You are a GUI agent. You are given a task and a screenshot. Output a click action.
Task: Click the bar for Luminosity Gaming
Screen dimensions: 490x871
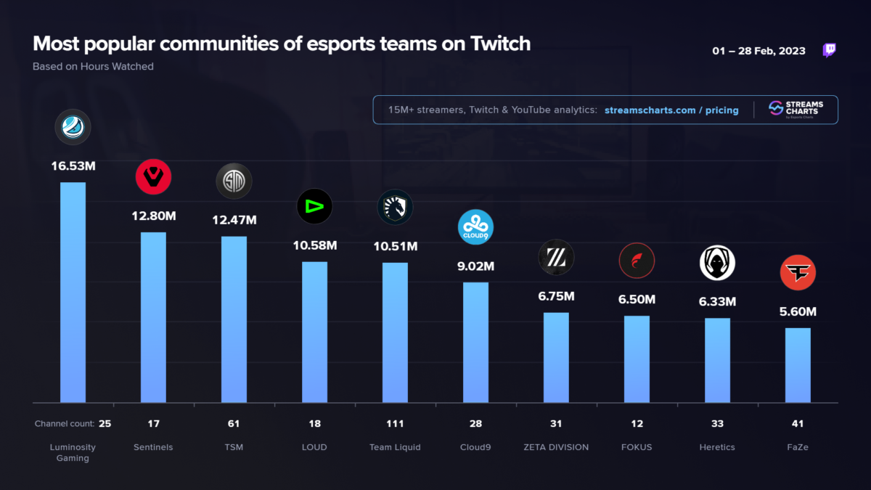(73, 292)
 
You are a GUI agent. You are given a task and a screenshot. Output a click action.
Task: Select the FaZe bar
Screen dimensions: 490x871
(798, 365)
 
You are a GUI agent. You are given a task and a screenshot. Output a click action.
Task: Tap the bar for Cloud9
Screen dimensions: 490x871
(475, 342)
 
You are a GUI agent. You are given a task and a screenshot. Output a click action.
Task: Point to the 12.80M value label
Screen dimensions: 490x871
(154, 216)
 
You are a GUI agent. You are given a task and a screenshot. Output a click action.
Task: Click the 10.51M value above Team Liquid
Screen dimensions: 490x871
(395, 246)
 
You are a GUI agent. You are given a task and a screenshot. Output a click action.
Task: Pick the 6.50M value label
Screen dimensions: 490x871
(637, 299)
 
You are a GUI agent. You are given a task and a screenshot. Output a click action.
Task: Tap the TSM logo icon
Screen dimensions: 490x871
(234, 181)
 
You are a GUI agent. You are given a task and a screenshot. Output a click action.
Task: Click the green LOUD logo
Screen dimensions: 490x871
(314, 206)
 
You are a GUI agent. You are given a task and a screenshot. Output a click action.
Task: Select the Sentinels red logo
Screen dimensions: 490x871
(153, 177)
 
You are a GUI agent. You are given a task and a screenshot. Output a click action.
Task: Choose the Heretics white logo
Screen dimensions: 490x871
(717, 263)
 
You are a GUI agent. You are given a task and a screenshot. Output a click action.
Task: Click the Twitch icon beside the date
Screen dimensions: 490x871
(829, 50)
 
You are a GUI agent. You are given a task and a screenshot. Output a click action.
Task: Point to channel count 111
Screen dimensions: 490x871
(395, 424)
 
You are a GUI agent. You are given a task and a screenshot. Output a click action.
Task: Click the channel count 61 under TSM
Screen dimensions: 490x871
(234, 424)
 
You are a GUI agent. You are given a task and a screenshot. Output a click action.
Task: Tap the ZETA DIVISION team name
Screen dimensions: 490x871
(556, 447)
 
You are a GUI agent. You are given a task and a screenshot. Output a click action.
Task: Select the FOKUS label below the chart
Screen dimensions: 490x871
(637, 447)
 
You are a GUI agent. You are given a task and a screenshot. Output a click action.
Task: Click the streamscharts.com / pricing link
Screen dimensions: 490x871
(671, 110)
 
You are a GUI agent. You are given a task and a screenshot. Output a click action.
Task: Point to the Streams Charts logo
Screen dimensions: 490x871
(793, 110)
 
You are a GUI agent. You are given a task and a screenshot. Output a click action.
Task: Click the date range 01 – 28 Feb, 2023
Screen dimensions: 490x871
(759, 51)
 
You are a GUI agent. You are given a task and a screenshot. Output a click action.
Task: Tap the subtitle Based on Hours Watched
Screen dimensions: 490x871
(93, 66)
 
